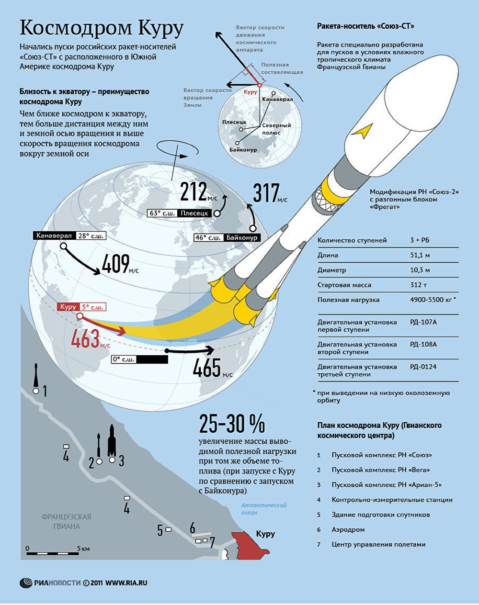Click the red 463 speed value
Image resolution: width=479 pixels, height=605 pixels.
pos(86,338)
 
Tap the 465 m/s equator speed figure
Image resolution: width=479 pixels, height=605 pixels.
pos(206,368)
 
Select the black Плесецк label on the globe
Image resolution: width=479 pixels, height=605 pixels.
pos(194,213)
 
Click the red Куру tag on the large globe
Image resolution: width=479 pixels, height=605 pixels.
pos(68,307)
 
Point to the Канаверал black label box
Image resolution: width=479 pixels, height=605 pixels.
pos(54,235)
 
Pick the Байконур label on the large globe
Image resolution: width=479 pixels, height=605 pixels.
pos(242,237)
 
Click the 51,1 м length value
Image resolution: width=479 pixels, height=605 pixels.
pos(420,255)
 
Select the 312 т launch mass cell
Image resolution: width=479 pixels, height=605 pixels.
pos(419,285)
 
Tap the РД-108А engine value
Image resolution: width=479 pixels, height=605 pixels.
pos(423,345)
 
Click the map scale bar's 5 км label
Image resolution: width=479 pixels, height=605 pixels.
pos(84,549)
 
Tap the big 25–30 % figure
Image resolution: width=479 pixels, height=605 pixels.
pos(232,424)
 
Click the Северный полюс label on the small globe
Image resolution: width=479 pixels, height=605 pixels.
pos(276,129)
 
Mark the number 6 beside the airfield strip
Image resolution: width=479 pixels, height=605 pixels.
pos(193,527)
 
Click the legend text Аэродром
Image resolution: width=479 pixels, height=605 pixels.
pos(348,530)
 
